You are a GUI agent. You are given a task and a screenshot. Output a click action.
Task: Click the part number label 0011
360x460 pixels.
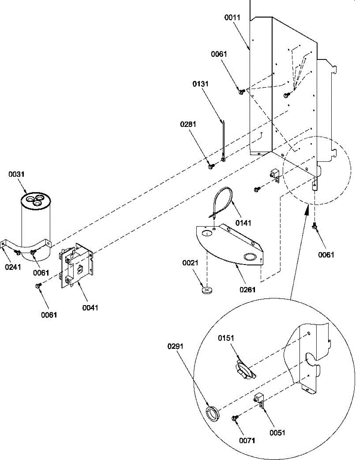pyautogui.click(x=232, y=18)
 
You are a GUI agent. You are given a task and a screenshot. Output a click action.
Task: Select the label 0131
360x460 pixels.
pyautogui.click(x=201, y=84)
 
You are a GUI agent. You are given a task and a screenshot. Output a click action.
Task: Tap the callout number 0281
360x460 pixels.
pyautogui.click(x=188, y=124)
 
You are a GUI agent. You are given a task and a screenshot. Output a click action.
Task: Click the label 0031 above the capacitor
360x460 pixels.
pyautogui.click(x=16, y=174)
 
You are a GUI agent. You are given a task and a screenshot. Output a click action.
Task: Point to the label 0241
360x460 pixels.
pyautogui.click(x=13, y=267)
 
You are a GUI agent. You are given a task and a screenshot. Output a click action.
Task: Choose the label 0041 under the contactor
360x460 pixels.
pyautogui.click(x=90, y=307)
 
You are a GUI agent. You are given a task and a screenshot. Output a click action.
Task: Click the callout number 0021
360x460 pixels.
pyautogui.click(x=190, y=263)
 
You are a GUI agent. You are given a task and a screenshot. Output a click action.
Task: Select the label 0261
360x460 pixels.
pyautogui.click(x=247, y=289)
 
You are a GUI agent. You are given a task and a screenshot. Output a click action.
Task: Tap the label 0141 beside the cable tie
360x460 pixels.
pyautogui.click(x=243, y=223)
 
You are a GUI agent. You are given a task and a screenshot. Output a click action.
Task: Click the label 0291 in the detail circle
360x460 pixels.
pyautogui.click(x=175, y=347)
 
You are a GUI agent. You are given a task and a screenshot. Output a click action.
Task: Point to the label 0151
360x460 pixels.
pyautogui.click(x=226, y=338)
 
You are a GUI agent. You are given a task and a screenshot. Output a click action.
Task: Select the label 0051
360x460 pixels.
pyautogui.click(x=277, y=433)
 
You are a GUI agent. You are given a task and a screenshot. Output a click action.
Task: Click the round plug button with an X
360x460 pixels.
pyautogui.click(x=207, y=290)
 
